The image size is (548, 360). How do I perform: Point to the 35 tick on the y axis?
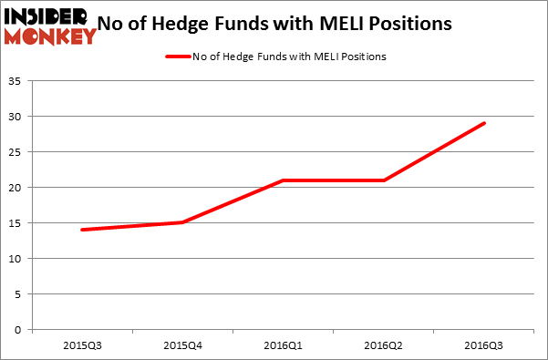coord(17,82)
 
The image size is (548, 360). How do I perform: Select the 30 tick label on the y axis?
coord(17,118)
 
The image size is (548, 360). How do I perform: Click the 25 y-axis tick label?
coord(17,153)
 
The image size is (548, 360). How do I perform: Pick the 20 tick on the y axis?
coord(17,188)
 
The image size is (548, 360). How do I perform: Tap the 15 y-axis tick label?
coord(17,223)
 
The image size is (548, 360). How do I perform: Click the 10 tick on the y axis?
coord(17,259)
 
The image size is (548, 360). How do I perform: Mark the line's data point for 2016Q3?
coord(484,123)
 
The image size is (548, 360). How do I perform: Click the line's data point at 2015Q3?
coord(83,230)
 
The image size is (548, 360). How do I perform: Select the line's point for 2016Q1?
coord(284,180)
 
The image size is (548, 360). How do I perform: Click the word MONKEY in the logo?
coord(50,36)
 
